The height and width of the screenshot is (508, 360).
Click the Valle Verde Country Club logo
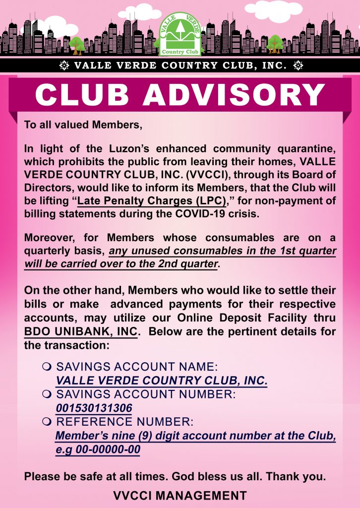180,33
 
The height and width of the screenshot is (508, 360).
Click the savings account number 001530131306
94,408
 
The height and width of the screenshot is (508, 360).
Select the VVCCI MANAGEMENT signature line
180,495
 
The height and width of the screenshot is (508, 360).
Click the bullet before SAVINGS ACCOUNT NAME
48,367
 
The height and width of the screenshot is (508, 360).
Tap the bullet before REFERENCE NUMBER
48,422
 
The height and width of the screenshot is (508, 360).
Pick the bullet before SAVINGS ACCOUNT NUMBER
48,395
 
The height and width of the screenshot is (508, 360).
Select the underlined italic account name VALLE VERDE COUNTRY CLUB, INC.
162,381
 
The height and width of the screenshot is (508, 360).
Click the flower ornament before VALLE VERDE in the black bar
64,65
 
